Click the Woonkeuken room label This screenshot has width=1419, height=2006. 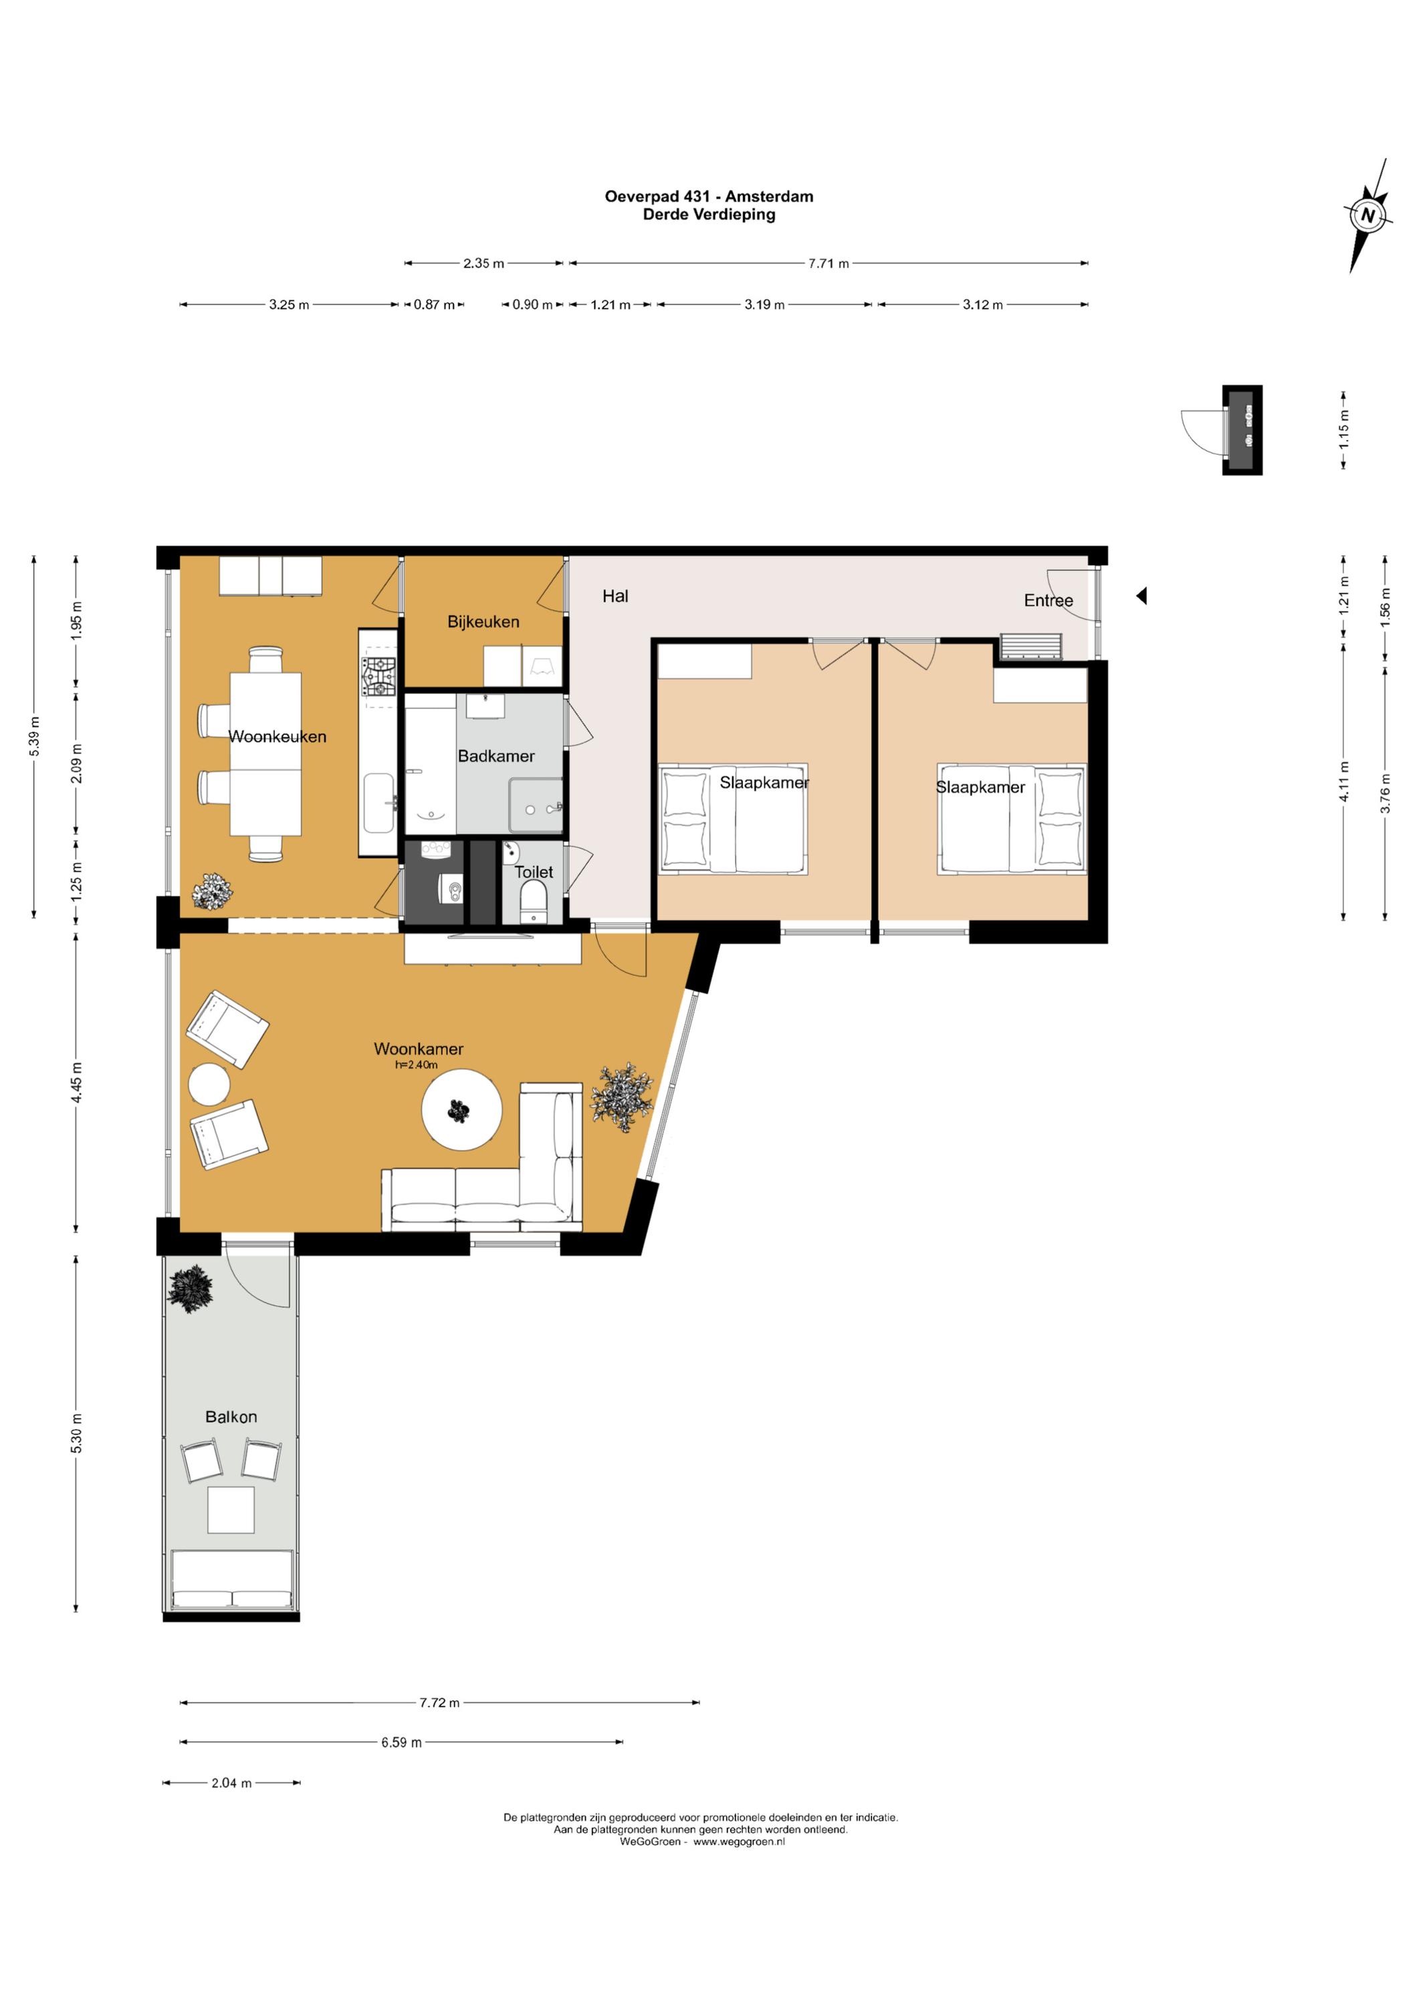277,736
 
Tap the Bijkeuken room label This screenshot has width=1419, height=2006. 483,622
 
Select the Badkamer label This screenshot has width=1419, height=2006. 496,756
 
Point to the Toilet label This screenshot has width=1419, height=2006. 533,872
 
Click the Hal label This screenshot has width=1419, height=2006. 615,596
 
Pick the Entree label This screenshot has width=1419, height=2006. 1049,600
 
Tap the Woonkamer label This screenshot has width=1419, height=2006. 419,1048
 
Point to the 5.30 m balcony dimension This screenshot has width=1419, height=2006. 77,1433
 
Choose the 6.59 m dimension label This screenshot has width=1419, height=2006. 401,1742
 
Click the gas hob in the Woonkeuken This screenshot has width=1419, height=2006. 378,677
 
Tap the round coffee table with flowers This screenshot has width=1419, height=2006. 461,1109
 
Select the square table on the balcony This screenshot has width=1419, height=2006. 231,1510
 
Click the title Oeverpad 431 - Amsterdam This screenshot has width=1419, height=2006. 709,197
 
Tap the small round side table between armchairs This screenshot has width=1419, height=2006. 210,1085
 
